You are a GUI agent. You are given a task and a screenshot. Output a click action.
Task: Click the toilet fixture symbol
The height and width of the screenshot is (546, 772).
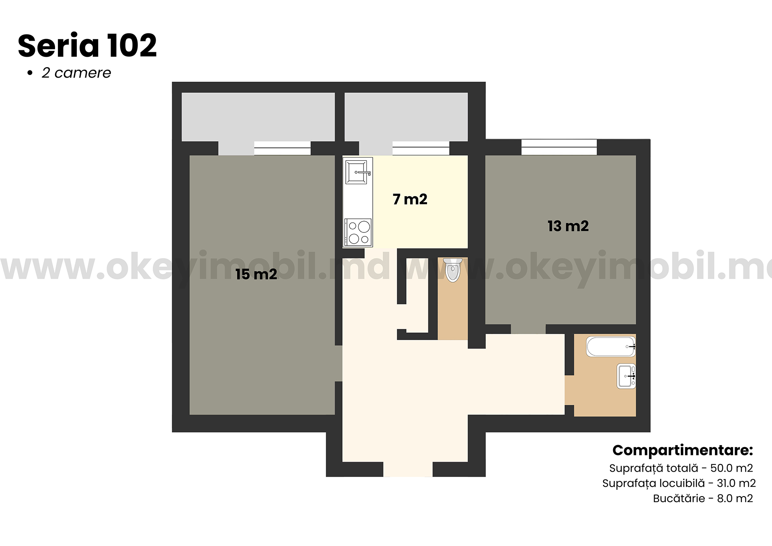(452, 270)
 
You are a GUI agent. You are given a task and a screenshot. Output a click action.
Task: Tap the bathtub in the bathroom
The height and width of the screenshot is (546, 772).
(611, 347)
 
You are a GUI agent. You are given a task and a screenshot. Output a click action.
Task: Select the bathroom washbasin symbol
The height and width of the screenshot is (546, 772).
(626, 376)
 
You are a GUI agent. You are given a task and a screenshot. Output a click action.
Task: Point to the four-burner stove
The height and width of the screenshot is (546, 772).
(358, 232)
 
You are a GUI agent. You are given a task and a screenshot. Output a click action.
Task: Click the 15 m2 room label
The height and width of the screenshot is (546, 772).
(256, 274)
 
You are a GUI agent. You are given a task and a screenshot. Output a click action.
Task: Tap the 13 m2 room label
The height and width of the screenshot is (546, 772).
(568, 226)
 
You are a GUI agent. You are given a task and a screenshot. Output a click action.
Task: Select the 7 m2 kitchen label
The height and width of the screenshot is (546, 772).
(410, 199)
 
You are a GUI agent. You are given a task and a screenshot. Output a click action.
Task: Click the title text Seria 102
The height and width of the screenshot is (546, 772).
(87, 45)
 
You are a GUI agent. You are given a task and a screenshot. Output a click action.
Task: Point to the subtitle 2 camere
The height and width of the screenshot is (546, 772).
(76, 73)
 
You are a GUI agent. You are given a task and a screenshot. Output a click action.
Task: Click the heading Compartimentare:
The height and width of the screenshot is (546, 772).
(682, 450)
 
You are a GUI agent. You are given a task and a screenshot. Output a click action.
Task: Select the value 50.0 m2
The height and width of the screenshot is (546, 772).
(731, 468)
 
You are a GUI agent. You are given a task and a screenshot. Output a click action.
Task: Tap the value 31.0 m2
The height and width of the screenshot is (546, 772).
(736, 483)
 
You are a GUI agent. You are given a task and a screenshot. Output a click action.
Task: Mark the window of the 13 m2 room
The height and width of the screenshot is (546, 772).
(559, 147)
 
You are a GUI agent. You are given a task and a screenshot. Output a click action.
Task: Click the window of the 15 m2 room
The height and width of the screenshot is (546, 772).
(282, 148)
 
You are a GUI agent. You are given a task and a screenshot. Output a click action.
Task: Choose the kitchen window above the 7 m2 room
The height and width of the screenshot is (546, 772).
(421, 148)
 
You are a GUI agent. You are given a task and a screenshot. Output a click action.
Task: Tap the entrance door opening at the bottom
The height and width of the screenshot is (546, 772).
(408, 469)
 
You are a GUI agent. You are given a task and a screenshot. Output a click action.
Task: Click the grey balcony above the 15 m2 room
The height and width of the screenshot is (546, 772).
(258, 117)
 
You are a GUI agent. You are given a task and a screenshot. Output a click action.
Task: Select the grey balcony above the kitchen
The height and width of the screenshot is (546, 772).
(406, 117)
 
